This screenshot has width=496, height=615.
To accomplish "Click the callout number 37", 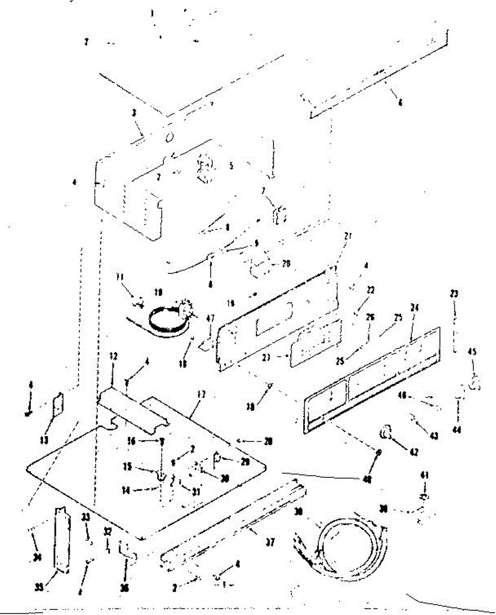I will [270, 543].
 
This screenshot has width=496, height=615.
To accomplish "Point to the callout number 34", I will [36, 558].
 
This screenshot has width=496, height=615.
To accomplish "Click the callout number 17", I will [201, 395].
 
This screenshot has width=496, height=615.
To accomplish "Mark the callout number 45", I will [472, 352].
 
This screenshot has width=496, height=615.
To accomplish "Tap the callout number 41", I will [424, 476].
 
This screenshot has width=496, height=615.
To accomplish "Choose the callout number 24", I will [415, 309].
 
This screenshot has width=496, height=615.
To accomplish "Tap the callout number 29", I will [245, 462].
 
